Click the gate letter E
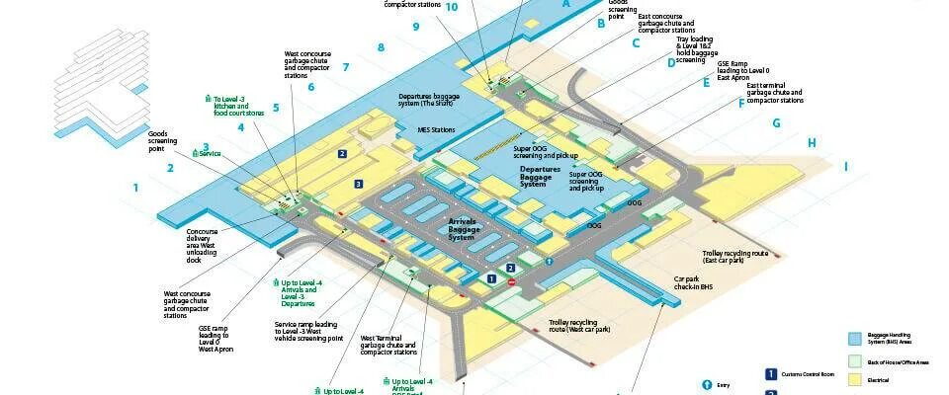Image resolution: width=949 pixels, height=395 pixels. click(706, 83)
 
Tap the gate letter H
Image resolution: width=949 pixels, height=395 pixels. click(812, 143)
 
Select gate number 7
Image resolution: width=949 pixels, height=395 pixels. click(346, 67)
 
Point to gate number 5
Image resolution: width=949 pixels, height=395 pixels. click(277, 108)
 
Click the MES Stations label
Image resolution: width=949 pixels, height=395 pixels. click(436, 129)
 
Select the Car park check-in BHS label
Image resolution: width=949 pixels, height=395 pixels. click(693, 283)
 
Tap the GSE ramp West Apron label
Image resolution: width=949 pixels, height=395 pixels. click(216, 339)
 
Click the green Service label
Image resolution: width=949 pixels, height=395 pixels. click(208, 153)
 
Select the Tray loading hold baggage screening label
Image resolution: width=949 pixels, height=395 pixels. click(705, 49)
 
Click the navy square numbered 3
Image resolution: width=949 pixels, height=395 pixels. click(359, 184)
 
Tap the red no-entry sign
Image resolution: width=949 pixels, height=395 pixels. click(512, 281)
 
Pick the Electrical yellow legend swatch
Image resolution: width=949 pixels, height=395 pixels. click(855, 376)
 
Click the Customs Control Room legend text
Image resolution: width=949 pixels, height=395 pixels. click(806, 375)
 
